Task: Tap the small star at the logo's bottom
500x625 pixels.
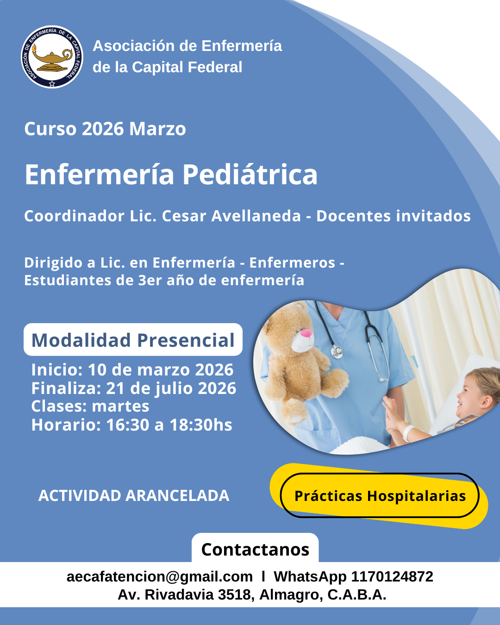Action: point(52,84)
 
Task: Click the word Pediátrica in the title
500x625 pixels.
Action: point(250,174)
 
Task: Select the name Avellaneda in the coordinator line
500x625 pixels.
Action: point(256,216)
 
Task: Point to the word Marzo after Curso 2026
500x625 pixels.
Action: point(157,129)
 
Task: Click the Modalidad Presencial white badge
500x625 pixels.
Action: point(133,339)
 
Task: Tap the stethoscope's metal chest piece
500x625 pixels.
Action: point(337,351)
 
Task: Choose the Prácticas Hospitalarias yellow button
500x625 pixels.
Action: point(380,495)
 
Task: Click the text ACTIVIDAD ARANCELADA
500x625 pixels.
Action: point(134,495)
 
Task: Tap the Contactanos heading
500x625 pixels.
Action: point(255,550)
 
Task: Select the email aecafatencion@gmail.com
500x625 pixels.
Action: point(160,576)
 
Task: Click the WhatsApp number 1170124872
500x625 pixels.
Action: point(392,576)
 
